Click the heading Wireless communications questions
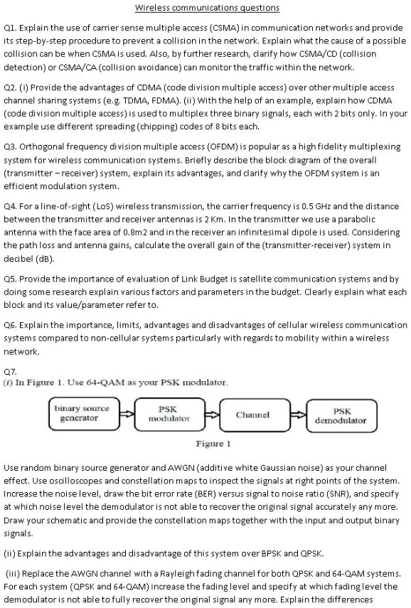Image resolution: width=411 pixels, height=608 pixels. (207, 8)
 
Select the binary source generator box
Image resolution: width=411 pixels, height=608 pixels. (82, 413)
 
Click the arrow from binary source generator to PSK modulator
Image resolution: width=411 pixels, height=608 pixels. (126, 414)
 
